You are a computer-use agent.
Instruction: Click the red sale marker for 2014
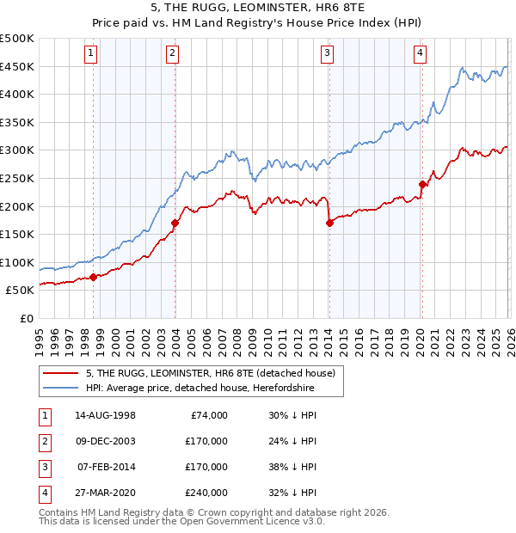(329, 223)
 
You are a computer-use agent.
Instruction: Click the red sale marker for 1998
(93, 277)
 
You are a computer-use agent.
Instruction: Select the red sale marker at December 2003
(175, 223)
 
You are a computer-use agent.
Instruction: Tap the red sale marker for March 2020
(422, 184)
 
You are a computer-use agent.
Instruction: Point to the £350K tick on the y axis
(17, 122)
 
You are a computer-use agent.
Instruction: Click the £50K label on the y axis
(20, 291)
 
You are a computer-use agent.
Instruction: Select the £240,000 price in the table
(206, 493)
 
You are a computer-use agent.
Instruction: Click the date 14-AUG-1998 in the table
(106, 415)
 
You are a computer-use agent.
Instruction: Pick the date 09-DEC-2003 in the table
(106, 441)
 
